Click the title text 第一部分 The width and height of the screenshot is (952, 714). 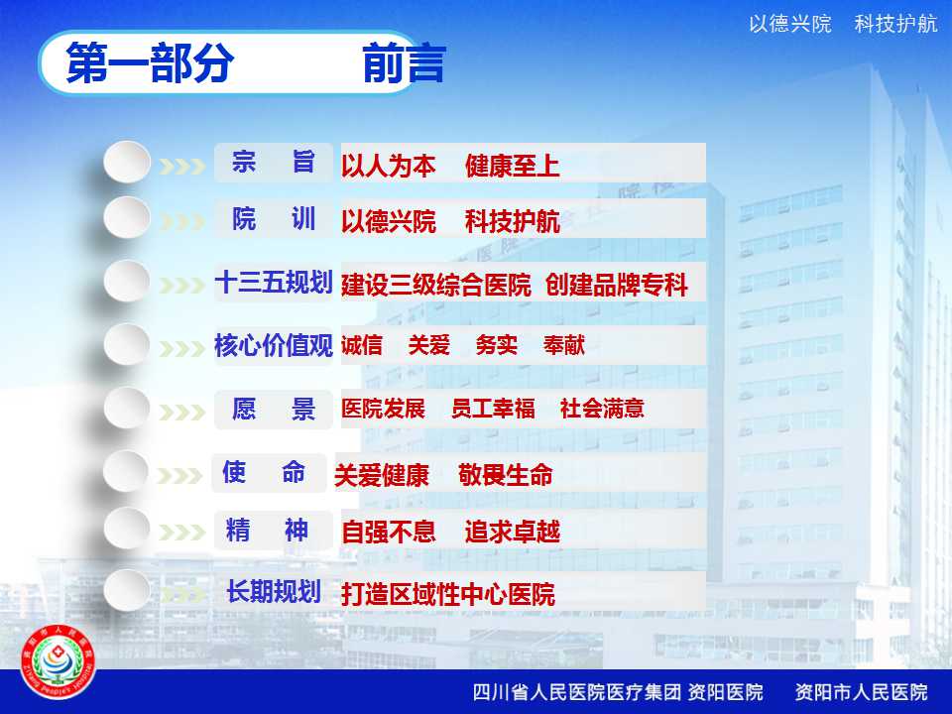[150, 62]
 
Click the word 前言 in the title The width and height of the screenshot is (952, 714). [405, 62]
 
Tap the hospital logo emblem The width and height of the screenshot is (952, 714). [58, 662]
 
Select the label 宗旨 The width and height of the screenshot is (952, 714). [274, 162]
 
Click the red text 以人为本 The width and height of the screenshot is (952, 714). [389, 166]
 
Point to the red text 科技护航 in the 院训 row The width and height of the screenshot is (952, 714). [513, 221]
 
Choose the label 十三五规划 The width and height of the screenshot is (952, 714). [274, 283]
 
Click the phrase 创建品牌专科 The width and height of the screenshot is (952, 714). [616, 285]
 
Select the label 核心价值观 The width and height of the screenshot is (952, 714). [274, 345]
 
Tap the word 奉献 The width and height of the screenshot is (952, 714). [564, 345]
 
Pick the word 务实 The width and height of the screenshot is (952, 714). [497, 345]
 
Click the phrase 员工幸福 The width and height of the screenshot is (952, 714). [493, 408]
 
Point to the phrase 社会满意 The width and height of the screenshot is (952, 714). [602, 408]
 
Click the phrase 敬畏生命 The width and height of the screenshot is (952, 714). [506, 475]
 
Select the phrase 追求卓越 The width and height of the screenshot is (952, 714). [513, 532]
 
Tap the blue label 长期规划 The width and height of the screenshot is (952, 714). [274, 591]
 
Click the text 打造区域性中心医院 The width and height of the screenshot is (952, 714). [448, 594]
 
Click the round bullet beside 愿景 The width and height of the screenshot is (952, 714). [127, 408]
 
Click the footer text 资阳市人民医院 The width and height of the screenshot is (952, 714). [862, 692]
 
